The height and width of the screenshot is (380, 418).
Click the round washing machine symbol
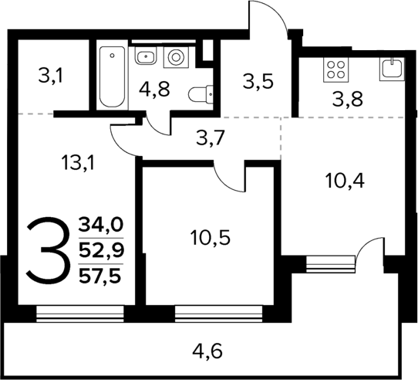(x=177, y=57)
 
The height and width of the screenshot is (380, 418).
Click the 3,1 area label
(x=50, y=76)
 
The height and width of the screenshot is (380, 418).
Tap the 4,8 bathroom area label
(x=154, y=88)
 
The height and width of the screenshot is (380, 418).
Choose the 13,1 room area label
(x=78, y=162)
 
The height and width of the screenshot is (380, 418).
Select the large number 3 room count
(x=46, y=249)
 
